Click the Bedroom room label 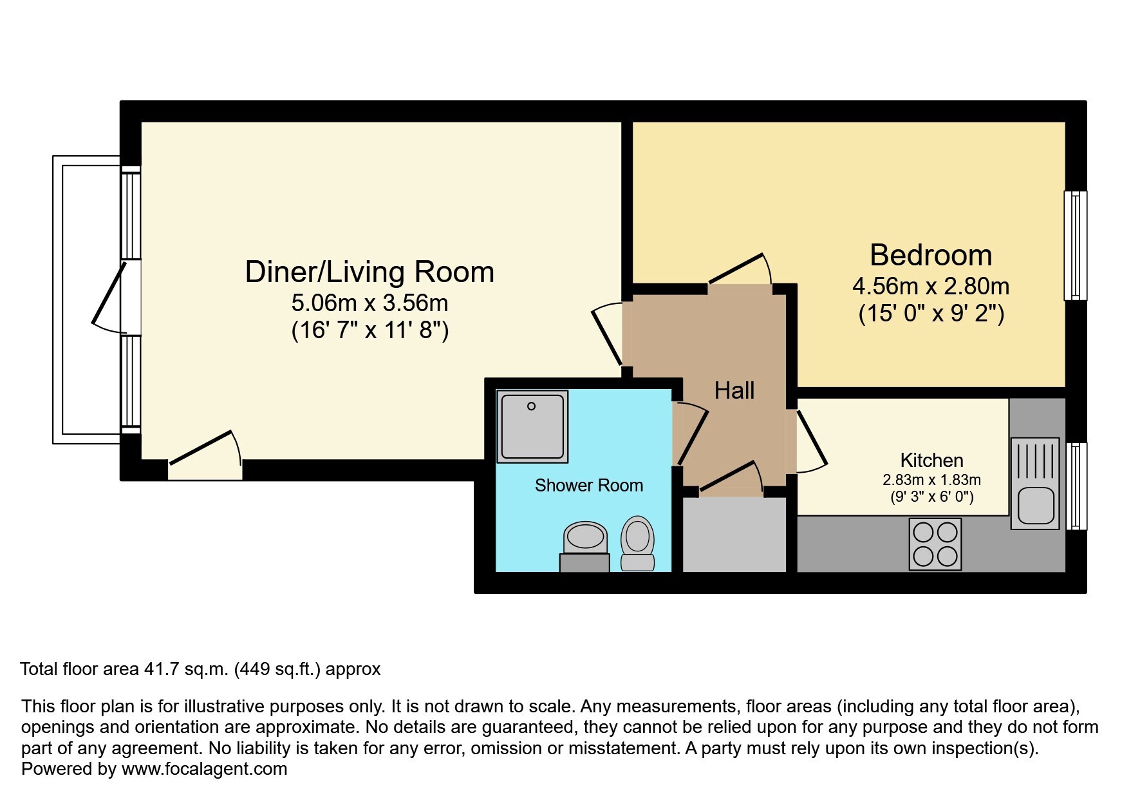[931, 255]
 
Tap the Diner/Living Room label [369, 272]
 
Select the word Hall [734, 390]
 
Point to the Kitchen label [931, 461]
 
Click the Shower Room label [589, 485]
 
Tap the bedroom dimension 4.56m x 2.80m [931, 285]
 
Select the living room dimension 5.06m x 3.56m [370, 302]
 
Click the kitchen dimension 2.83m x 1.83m [931, 480]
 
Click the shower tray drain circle [532, 406]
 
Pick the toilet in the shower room [638, 543]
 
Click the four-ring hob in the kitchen [935, 544]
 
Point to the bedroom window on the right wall [1075, 245]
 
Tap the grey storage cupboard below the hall [734, 535]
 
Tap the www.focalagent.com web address [204, 769]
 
